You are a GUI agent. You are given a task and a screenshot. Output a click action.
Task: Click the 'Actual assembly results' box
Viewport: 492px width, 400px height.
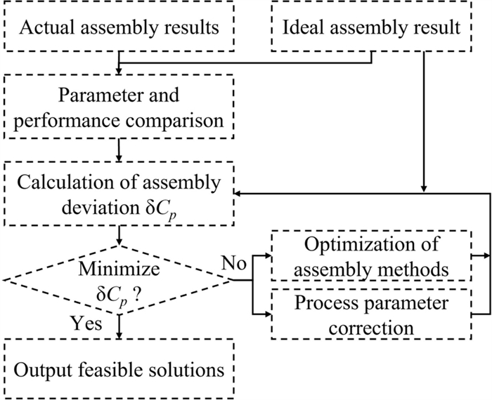coord(121,29)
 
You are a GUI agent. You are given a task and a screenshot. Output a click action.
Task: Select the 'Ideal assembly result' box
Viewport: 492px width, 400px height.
coord(372,29)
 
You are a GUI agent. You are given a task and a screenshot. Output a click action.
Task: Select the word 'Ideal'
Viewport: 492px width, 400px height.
coord(302,29)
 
